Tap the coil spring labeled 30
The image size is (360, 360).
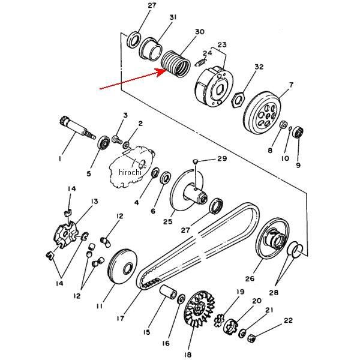pyautogui.click(x=176, y=64)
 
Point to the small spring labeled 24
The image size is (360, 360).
pyautogui.click(x=200, y=62)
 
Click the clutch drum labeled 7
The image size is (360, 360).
pyautogui.click(x=262, y=113)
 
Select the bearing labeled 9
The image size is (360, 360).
pyautogui.click(x=299, y=132)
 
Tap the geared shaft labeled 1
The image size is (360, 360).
pyautogui.click(x=77, y=128)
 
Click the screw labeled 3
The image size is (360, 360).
pyautogui.click(x=117, y=139)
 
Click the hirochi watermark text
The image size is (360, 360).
pyautogui.click(x=130, y=172)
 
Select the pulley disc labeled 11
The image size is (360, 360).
pyautogui.click(x=122, y=266)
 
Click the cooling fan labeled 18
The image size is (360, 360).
pyautogui.click(x=199, y=308)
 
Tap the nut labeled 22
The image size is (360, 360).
pyautogui.click(x=251, y=338)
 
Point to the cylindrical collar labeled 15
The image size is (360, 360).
pyautogui.click(x=168, y=292)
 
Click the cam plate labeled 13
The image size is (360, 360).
pyautogui.click(x=67, y=235)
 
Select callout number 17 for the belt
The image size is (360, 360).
pyautogui.click(x=121, y=319)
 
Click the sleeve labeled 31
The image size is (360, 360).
pyautogui.click(x=151, y=49)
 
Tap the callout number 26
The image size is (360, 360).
pyautogui.click(x=250, y=279)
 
